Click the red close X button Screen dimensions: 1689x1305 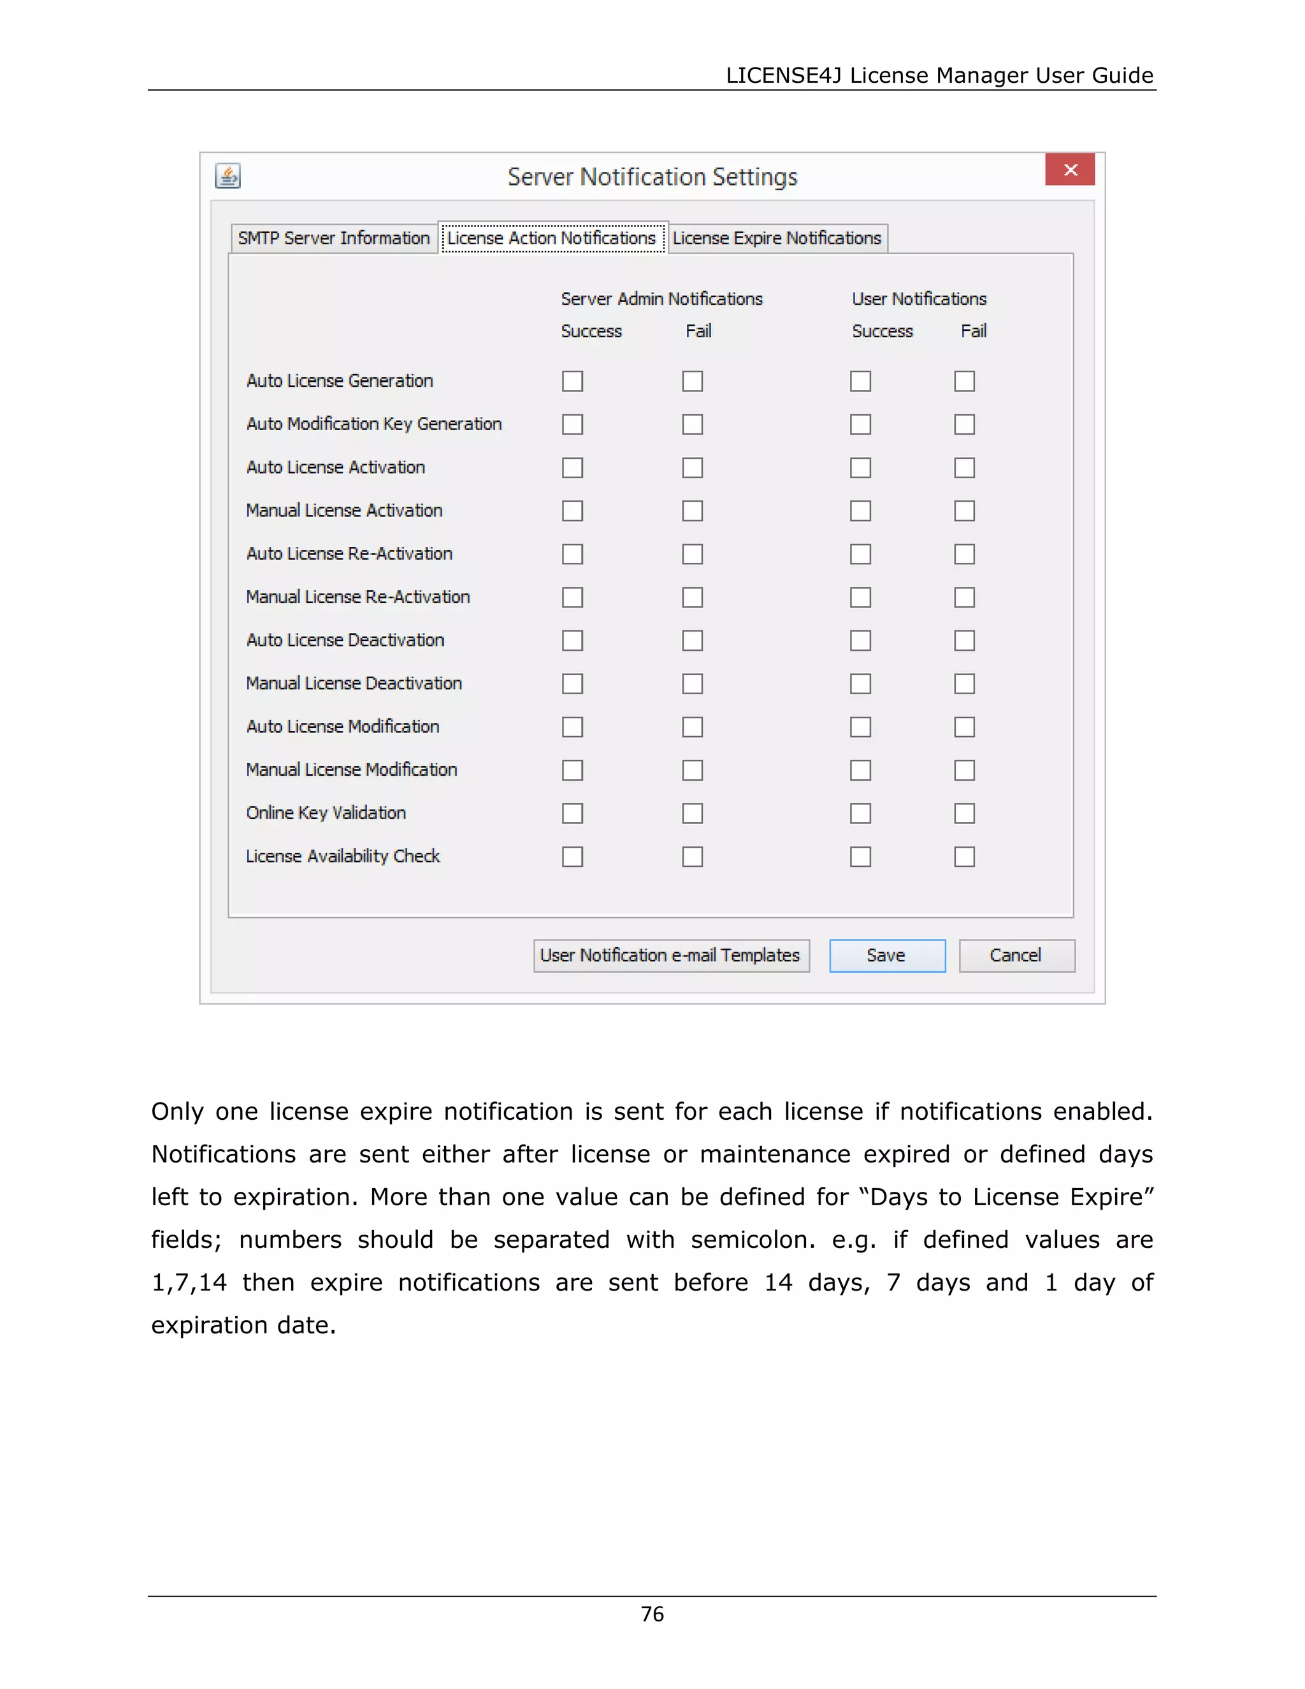[x=1069, y=170]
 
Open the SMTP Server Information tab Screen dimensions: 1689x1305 [x=334, y=238]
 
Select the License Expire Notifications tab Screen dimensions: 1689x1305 [x=776, y=238]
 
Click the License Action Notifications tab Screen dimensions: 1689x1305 [x=551, y=238]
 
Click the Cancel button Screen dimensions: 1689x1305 [x=1016, y=956]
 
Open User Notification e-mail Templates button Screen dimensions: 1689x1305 [x=670, y=956]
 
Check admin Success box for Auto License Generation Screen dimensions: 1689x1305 [x=572, y=381]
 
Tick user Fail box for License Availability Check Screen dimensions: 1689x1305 [x=964, y=857]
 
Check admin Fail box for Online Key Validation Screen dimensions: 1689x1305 [x=692, y=813]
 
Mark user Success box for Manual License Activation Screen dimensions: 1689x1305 [x=860, y=511]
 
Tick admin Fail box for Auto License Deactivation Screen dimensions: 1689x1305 [x=692, y=641]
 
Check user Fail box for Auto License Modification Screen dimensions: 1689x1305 [x=964, y=727]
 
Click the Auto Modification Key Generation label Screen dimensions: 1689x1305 [x=374, y=424]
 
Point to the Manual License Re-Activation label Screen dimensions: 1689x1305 [x=358, y=597]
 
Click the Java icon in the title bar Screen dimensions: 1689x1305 [x=228, y=177]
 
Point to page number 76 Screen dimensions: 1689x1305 [x=652, y=1614]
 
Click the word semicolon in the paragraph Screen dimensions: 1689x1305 [x=751, y=1240]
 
